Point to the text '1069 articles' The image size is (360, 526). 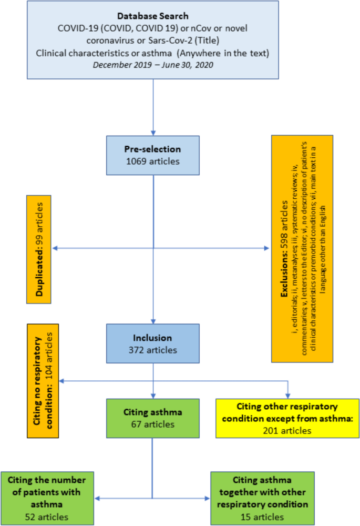point(152,161)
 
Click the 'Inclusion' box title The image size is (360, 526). point(152,338)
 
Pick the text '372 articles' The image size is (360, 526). point(152,349)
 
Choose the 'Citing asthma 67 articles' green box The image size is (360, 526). point(152,418)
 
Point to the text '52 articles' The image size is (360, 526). point(47,517)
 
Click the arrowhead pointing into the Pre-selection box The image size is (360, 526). point(153,132)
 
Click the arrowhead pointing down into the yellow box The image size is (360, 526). point(289,395)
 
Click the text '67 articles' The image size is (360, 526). point(152,424)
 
